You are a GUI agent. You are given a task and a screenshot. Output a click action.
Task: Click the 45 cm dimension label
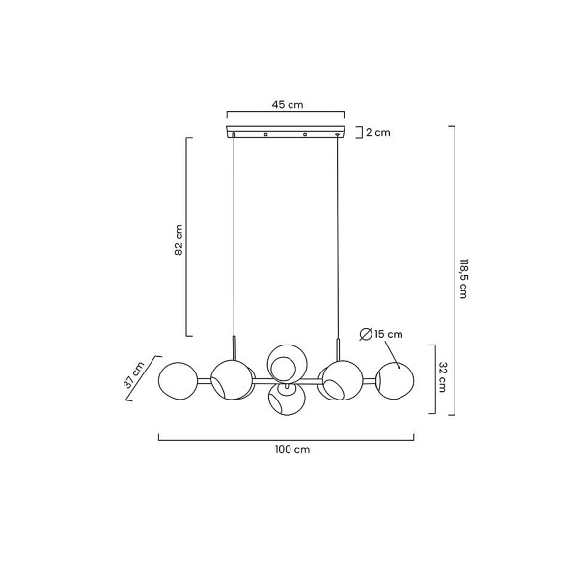288,105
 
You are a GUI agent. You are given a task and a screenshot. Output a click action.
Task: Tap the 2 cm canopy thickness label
377,132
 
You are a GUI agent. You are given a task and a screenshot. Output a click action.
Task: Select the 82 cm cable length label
179,239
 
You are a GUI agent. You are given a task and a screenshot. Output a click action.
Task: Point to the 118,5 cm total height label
463,278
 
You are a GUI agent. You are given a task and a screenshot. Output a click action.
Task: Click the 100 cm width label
292,450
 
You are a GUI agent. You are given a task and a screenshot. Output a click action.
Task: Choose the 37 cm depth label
134,375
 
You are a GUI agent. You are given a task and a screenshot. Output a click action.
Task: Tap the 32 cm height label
443,376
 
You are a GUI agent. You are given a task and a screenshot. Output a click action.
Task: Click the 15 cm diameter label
389,334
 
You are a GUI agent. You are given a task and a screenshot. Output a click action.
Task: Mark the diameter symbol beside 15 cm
366,334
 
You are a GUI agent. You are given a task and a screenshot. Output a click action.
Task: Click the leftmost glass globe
178,381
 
